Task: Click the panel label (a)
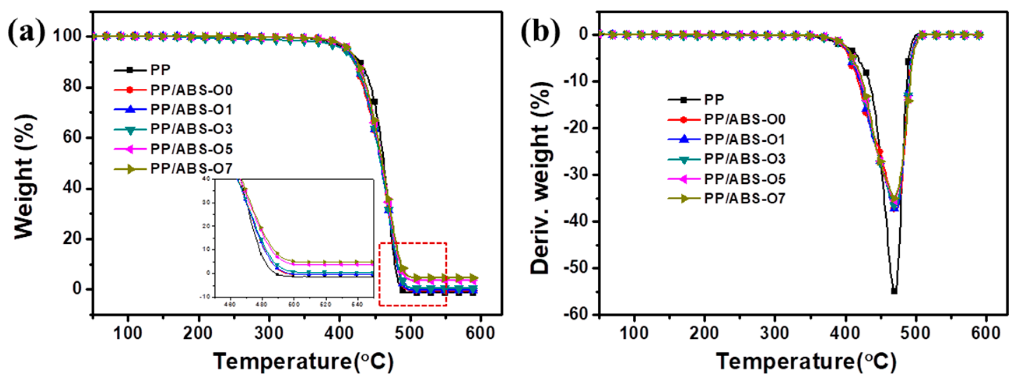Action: tap(27, 32)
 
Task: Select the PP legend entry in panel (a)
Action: tap(160, 70)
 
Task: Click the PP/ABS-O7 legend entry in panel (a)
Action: tap(191, 169)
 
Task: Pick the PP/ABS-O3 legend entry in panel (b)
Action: tap(744, 159)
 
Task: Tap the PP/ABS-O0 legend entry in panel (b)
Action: tap(744, 119)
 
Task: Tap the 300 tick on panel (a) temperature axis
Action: tap(269, 333)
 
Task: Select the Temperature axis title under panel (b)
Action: tap(806, 361)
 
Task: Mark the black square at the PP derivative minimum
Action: tap(894, 291)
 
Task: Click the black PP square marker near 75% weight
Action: tap(374, 102)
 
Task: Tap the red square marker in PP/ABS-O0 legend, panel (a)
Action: tap(130, 90)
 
